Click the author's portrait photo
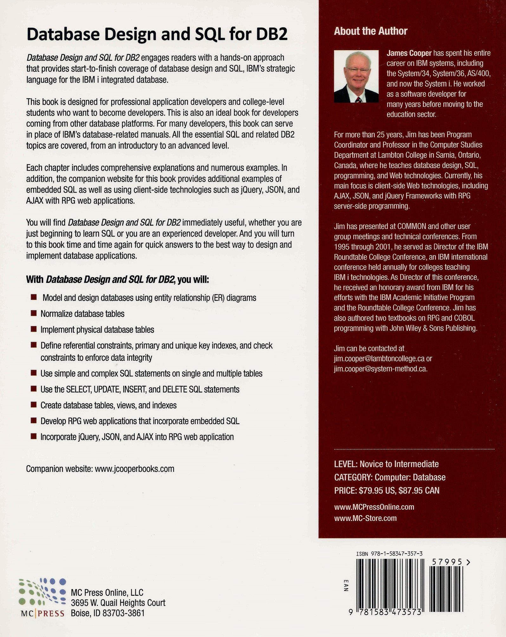click(x=356, y=76)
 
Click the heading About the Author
click(x=370, y=31)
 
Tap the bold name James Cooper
click(x=409, y=53)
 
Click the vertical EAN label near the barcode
click(x=346, y=586)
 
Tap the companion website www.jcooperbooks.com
click(x=134, y=469)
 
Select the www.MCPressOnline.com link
click(x=374, y=507)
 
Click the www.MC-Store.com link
click(x=365, y=518)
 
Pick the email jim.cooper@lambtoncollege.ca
click(x=379, y=358)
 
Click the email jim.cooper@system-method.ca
click(x=380, y=369)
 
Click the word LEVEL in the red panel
click(x=345, y=464)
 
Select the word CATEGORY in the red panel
click(x=352, y=477)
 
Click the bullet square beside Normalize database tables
click(x=34, y=313)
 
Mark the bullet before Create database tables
click(x=34, y=405)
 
